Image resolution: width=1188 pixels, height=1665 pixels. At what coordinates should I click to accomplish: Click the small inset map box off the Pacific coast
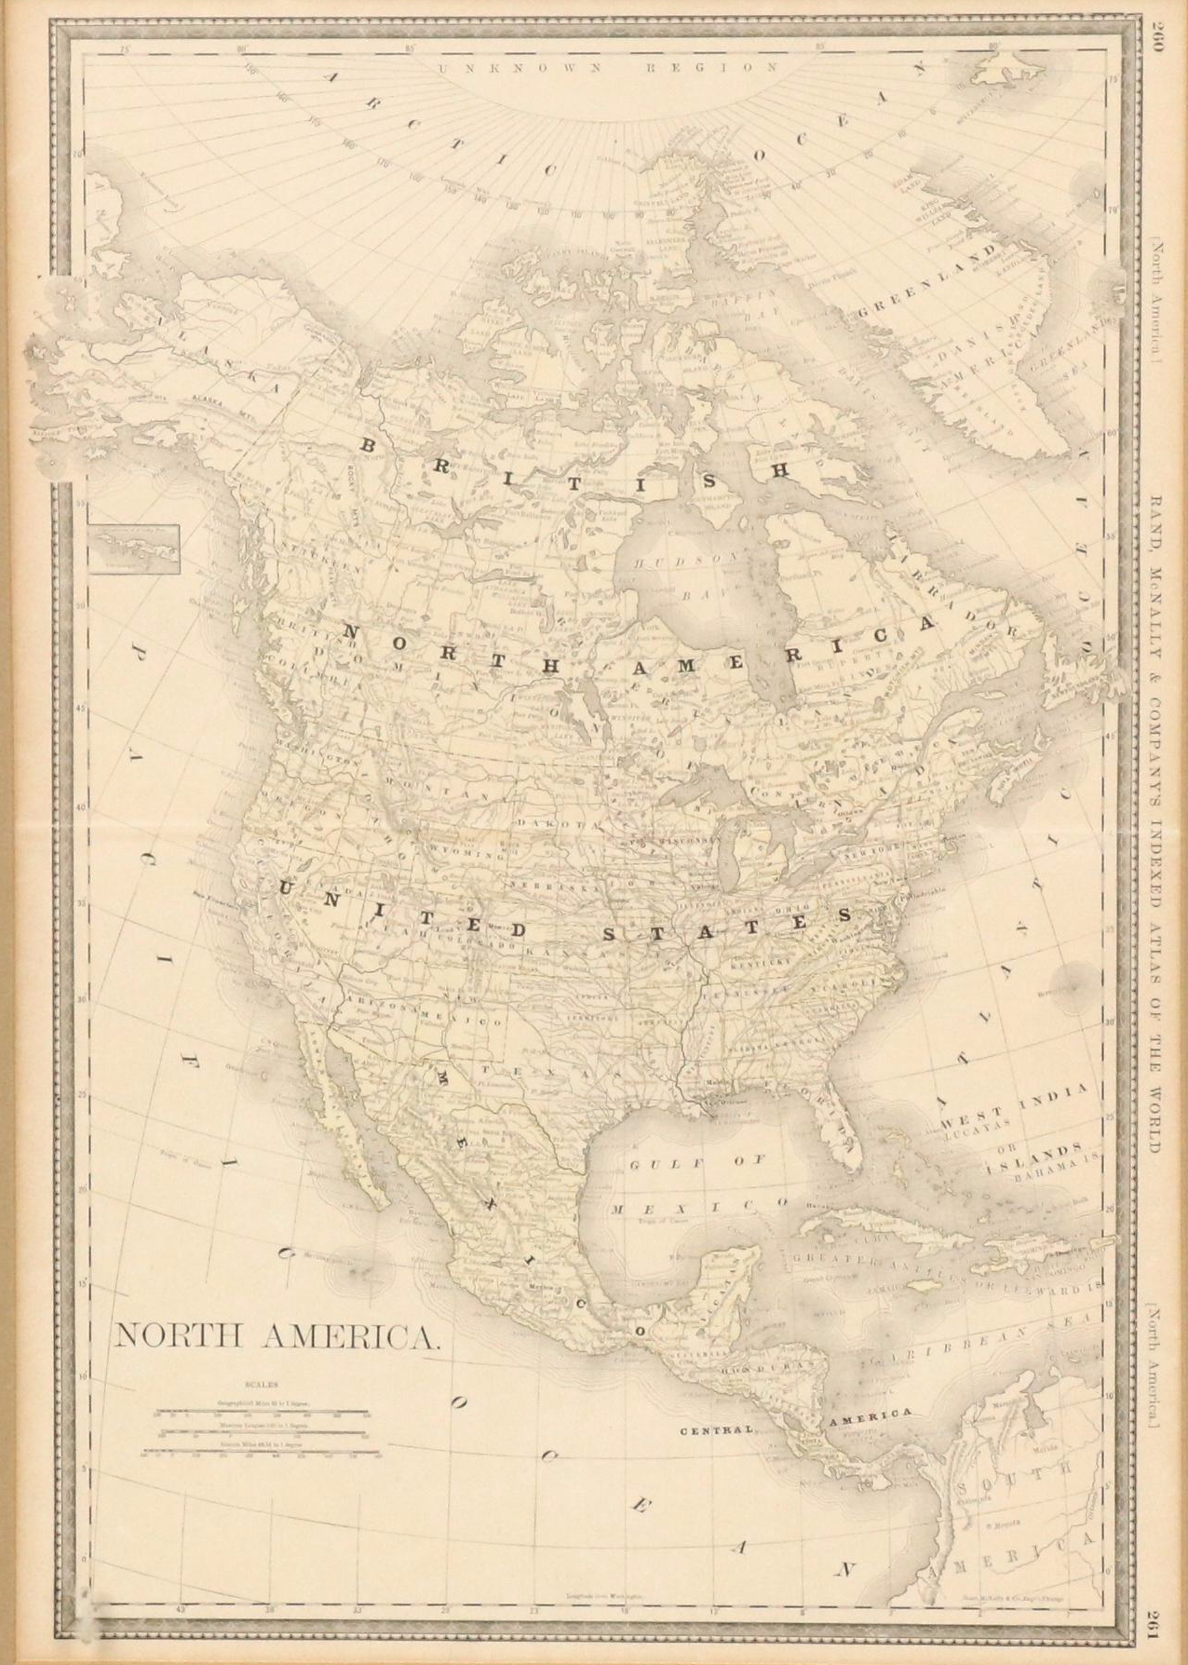[135, 549]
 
